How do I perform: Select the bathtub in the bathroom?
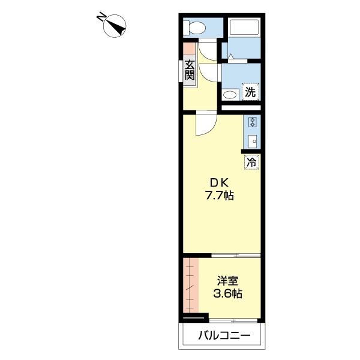click(243, 28)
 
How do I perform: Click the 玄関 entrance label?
click(190, 71)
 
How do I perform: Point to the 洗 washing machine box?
click(250, 92)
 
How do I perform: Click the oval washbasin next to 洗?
click(230, 95)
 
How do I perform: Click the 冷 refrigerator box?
click(252, 161)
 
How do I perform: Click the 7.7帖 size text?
click(220, 195)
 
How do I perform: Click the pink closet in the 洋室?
click(190, 286)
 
